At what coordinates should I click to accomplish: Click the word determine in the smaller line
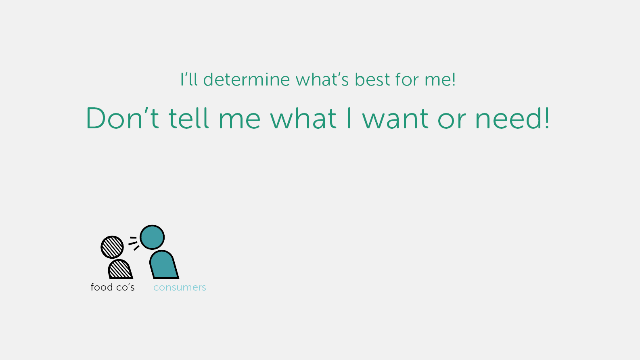point(246,79)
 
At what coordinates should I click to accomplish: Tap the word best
point(372,79)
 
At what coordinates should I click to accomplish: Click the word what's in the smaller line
point(322,79)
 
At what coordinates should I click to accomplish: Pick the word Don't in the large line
point(122,118)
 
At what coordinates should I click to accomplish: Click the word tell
point(188,118)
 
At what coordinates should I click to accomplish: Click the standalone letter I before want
point(349,118)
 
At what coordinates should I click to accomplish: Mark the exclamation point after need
point(546,118)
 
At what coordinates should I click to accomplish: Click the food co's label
point(113,287)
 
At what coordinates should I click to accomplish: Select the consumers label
point(180,287)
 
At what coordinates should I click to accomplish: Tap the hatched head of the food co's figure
point(112,247)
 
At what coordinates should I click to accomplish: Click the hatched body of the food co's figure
point(120,269)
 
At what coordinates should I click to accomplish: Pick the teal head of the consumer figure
point(152,237)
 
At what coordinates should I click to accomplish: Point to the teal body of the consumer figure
point(163,265)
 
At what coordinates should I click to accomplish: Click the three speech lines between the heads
point(134,243)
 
